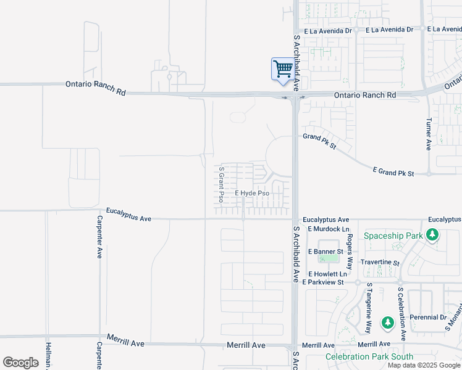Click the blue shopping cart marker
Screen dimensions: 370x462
(x=282, y=68)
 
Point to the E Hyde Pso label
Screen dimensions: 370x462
(x=252, y=193)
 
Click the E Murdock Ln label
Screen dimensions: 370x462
(x=324, y=229)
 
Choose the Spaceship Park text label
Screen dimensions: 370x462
(x=393, y=236)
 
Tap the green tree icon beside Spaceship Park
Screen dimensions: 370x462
(x=433, y=235)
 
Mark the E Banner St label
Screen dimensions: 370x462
(x=322, y=252)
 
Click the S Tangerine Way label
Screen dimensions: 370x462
(x=369, y=308)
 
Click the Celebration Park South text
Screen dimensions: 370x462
(x=369, y=356)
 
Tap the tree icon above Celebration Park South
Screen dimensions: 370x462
(x=387, y=323)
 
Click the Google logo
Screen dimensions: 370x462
(x=20, y=363)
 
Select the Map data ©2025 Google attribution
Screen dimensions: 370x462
(x=423, y=365)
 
